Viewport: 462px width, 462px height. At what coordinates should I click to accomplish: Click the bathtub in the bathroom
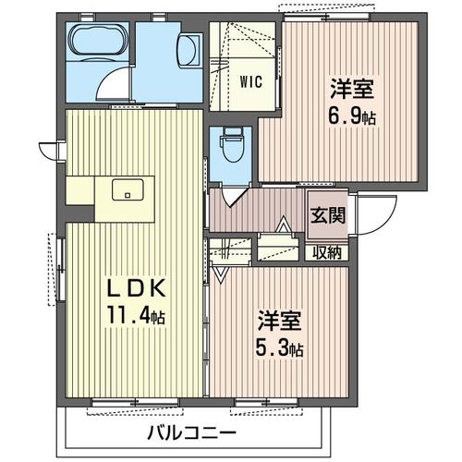pos(98,42)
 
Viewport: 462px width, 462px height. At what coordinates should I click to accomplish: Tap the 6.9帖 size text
pos(354,118)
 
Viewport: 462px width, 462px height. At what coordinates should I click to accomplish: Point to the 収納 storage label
pos(327,251)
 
